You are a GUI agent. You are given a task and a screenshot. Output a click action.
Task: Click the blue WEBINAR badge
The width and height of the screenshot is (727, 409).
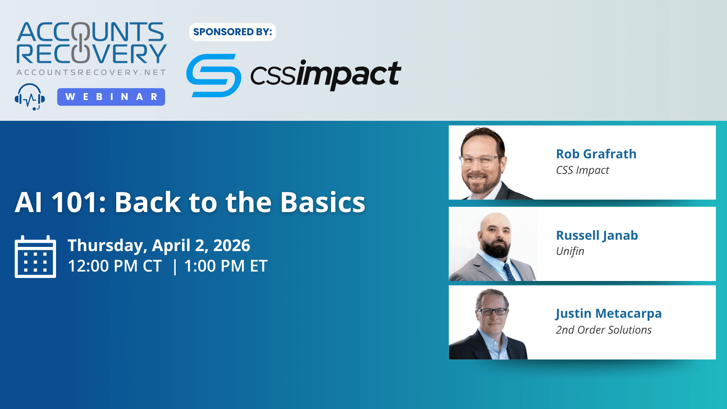[111, 97]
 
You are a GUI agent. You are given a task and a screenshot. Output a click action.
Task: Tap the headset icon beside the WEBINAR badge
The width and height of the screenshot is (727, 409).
[30, 97]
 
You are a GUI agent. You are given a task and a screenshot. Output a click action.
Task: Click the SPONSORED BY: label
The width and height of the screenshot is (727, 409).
[232, 32]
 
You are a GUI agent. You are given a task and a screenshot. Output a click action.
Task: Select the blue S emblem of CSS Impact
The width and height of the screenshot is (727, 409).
[214, 75]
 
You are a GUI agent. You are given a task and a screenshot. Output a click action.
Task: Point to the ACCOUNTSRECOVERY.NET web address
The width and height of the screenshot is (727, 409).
[91, 72]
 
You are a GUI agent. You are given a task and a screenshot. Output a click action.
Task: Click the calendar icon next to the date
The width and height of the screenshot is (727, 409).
[35, 256]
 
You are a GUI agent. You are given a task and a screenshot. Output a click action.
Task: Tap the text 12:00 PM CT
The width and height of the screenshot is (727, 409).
[115, 266]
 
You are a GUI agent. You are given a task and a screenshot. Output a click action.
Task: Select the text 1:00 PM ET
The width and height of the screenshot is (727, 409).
[226, 266]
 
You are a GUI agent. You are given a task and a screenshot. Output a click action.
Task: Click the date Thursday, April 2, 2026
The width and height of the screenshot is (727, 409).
[159, 246]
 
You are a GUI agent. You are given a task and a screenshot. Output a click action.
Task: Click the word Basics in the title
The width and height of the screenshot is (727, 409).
[323, 202]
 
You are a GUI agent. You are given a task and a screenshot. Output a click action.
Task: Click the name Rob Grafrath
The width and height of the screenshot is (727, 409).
[596, 154]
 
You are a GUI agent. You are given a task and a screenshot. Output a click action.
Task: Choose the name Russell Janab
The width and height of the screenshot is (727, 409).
[597, 236]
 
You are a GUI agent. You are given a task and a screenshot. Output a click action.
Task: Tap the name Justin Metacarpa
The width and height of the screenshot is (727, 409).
[608, 314]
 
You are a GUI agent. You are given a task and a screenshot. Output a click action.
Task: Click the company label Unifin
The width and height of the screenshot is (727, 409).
[570, 251]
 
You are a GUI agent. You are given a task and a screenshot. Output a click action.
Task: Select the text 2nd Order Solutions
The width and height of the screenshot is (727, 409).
[604, 330]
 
